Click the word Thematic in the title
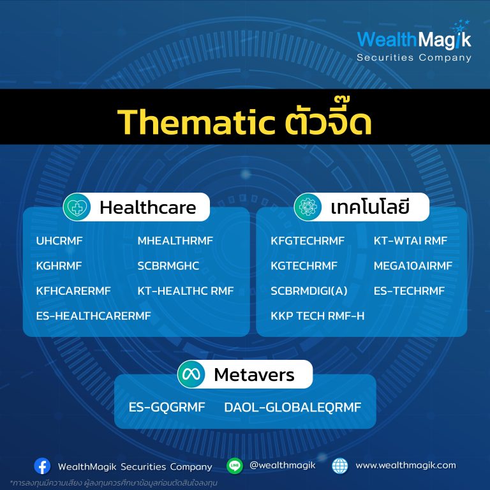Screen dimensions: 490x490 [x=197, y=122]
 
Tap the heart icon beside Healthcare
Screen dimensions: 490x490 [x=77, y=207]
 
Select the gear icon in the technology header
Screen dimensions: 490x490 [x=308, y=207]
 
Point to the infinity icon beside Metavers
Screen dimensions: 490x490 [x=191, y=374]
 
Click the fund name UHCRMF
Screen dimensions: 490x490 [x=59, y=241]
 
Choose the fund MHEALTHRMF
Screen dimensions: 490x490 [x=175, y=241]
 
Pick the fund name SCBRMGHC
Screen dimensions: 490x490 [x=168, y=266]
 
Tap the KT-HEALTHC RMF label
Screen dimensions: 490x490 [x=186, y=291]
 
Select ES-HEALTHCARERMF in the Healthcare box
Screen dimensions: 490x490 [x=93, y=316]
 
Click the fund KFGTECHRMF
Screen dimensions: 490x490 [x=308, y=241]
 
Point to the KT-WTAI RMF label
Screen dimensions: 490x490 [x=411, y=241]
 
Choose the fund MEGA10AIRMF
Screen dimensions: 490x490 [x=413, y=266]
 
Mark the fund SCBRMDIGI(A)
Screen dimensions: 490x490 [x=309, y=291]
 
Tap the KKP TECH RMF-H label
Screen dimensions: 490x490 [x=318, y=316]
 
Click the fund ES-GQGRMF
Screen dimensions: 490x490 [x=167, y=407]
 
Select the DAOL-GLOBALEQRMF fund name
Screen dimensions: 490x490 [x=293, y=407]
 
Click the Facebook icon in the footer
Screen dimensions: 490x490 [x=42, y=466]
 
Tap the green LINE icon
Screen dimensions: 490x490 [x=235, y=466]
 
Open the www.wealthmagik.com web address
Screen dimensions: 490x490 [x=406, y=466]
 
